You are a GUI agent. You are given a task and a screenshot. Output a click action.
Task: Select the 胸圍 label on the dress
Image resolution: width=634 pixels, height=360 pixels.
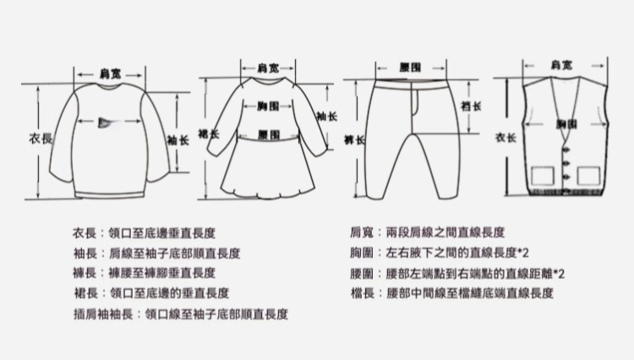tap(269, 106)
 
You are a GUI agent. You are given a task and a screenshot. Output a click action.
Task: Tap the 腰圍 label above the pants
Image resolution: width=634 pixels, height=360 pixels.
tap(411, 67)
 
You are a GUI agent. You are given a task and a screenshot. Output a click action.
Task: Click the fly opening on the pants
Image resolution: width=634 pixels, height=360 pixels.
tap(414, 102)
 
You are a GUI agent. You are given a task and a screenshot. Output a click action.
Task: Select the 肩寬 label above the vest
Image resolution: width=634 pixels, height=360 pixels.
tap(560, 66)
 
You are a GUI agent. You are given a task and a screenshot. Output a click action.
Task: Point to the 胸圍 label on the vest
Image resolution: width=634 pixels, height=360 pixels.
tap(566, 124)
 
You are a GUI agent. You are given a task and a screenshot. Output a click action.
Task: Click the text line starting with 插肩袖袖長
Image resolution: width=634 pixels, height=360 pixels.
tap(181, 314)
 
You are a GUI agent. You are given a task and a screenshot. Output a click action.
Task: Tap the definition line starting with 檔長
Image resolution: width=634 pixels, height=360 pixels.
tap(451, 293)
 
